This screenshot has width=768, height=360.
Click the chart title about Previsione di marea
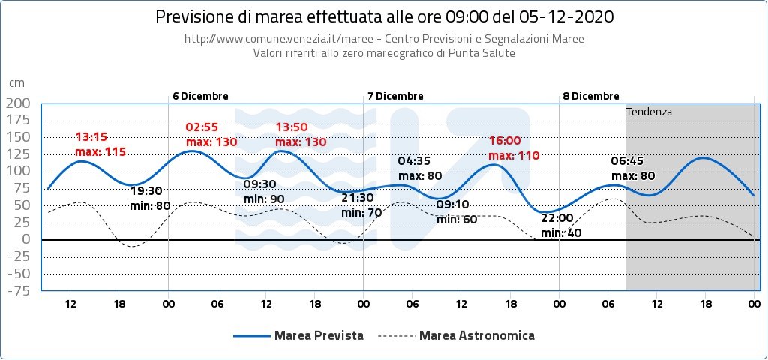383,16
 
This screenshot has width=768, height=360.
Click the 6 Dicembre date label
200,96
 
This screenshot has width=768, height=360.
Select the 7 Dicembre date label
395,96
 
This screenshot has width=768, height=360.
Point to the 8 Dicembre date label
591,96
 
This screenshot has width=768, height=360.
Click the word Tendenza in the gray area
649,112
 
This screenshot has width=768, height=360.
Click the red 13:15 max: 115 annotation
100,144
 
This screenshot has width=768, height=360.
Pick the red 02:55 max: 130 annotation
211,135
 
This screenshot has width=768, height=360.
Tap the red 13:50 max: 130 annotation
300,135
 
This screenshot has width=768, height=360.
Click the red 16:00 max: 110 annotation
514,148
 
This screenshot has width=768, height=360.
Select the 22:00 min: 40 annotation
561,226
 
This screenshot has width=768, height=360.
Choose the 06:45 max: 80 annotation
633,169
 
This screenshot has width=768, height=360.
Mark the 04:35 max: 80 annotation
420,169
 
